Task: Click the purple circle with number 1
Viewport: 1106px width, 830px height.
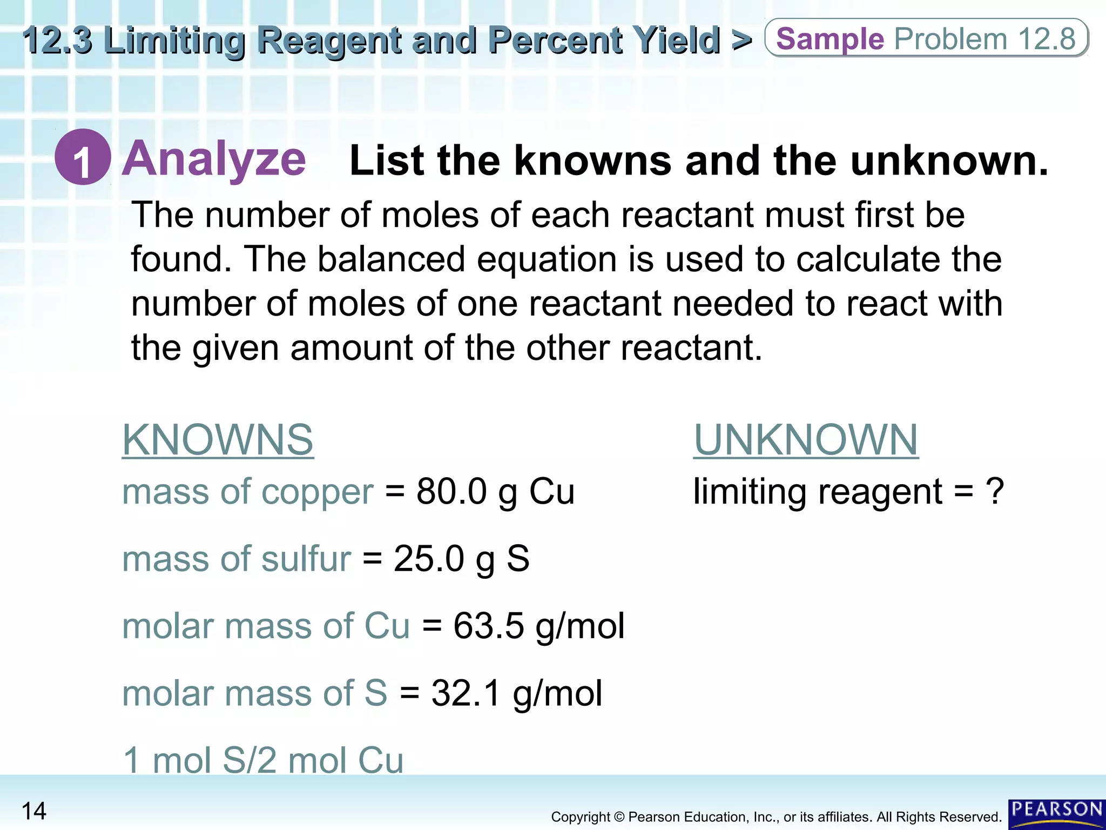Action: coord(83,157)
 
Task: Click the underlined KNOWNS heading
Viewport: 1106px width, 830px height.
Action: coord(218,440)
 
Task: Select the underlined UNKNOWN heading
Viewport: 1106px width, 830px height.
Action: coord(805,440)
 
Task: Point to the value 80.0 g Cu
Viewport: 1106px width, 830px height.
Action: coord(495,492)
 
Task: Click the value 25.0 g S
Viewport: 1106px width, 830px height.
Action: coord(461,559)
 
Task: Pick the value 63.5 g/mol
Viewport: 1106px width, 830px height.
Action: coord(538,626)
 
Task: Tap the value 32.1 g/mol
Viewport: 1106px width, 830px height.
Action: coord(516,693)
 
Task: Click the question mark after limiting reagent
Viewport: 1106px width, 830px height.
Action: coord(994,492)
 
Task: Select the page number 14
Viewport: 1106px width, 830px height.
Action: coord(34,811)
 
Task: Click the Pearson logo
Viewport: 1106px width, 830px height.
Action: coord(1056,813)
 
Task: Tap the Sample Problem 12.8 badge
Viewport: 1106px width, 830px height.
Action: coord(926,39)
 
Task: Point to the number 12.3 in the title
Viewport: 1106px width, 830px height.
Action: coord(57,41)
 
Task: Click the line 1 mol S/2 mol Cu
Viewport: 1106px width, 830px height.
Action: coord(263,760)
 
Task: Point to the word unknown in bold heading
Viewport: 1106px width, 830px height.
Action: coord(949,161)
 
